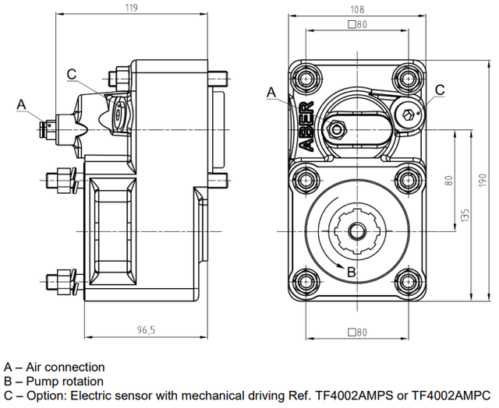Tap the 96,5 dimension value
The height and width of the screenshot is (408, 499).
(x=145, y=330)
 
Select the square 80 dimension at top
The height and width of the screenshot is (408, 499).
(x=358, y=25)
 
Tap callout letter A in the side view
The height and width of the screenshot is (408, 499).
(x=21, y=103)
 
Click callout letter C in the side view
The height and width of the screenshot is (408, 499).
(x=71, y=74)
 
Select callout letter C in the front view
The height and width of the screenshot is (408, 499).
(x=440, y=90)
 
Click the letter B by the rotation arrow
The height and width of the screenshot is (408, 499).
(x=352, y=272)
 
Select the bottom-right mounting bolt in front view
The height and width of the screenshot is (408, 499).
(x=405, y=283)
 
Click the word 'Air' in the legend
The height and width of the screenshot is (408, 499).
(x=35, y=367)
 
